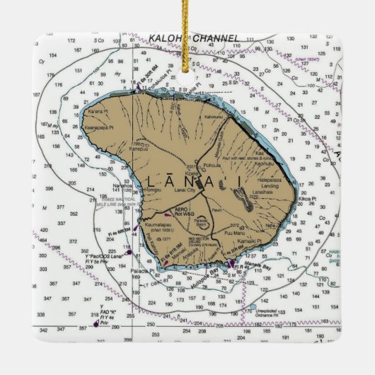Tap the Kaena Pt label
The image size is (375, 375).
96,111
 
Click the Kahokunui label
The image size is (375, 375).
213,116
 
